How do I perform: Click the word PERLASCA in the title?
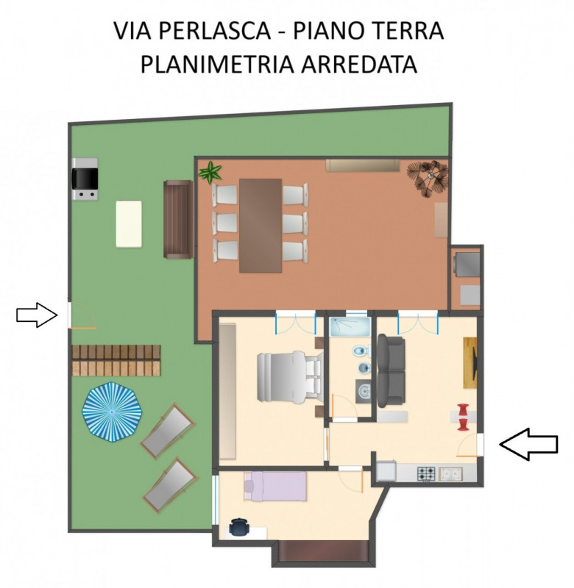[214, 31]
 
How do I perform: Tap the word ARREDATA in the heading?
[359, 64]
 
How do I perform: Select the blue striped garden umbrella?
[113, 412]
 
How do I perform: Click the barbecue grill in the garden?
[85, 179]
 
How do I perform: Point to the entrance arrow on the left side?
[37, 315]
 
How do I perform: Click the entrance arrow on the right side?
[528, 445]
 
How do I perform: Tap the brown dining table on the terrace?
[261, 226]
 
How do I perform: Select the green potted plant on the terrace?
[210, 173]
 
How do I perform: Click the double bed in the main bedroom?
[290, 377]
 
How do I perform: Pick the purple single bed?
[275, 487]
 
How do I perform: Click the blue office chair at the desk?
[239, 526]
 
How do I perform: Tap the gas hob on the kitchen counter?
[426, 474]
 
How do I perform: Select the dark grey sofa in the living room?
[391, 370]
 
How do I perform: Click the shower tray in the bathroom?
[350, 327]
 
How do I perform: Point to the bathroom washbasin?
[363, 392]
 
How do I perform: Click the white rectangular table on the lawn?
[129, 224]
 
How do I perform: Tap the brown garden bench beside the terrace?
[179, 219]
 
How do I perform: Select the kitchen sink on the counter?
[451, 474]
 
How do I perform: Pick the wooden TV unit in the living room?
[470, 362]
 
